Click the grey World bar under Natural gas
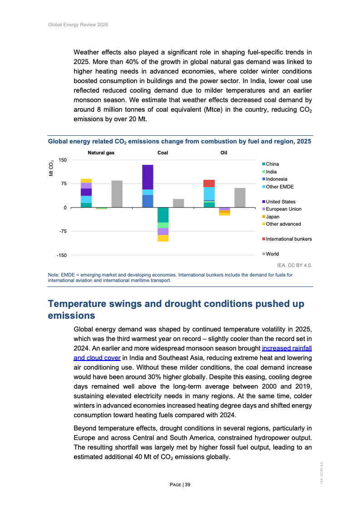(x=117, y=194)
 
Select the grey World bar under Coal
(x=178, y=203)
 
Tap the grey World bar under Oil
(x=240, y=198)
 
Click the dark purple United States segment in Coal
(x=148, y=177)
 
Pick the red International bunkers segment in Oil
(x=209, y=183)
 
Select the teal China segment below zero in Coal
(x=163, y=215)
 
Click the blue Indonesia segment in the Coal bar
(x=148, y=201)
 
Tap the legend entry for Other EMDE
(x=280, y=187)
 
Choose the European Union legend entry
(x=283, y=209)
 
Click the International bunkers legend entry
(x=288, y=239)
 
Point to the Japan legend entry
(x=272, y=217)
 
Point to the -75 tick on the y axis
(x=61, y=231)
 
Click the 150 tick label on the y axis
(x=62, y=160)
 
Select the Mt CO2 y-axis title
(x=51, y=168)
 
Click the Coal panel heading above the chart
(x=163, y=153)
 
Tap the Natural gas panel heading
(x=101, y=153)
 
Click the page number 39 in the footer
(x=187, y=484)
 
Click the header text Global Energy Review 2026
(x=78, y=24)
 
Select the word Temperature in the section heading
(x=83, y=304)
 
